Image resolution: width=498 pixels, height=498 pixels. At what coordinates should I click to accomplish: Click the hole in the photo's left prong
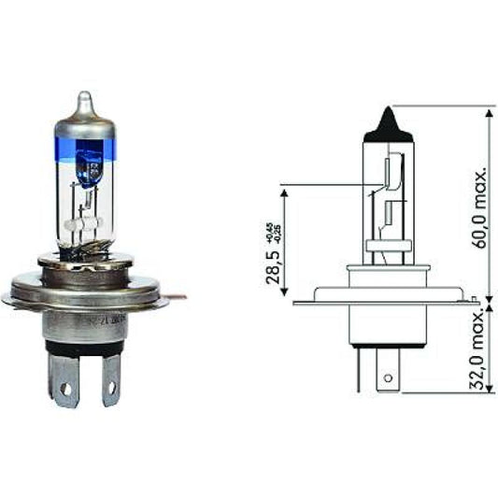coord(65,385)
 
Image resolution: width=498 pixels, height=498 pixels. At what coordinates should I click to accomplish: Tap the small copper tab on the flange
coord(178,297)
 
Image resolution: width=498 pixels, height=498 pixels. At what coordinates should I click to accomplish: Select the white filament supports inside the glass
coord(80,225)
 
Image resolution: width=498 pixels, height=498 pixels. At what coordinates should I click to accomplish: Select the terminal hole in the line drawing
coord(384,380)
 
